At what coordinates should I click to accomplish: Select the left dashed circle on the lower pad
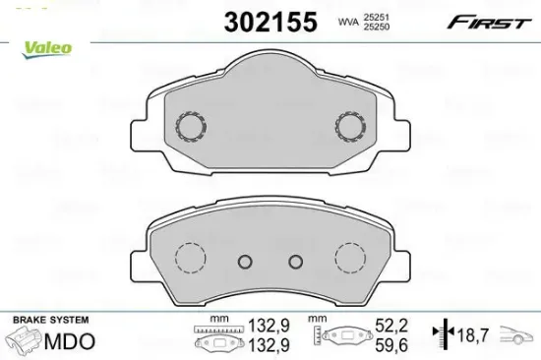(x=188, y=260)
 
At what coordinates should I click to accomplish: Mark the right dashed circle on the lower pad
(x=350, y=260)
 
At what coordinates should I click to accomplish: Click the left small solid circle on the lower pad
(x=245, y=262)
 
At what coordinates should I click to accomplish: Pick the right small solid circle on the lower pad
(x=294, y=262)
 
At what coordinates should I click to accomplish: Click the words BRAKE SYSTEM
(x=49, y=321)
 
